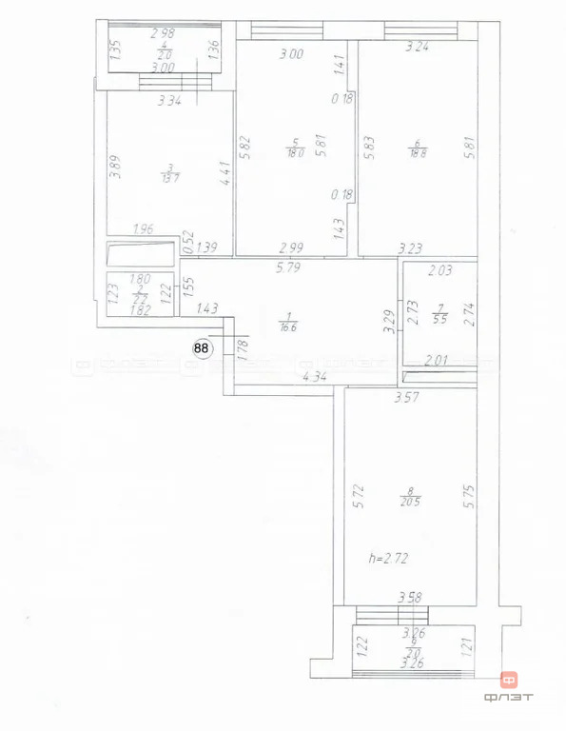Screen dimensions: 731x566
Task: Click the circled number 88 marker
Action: click(x=202, y=348)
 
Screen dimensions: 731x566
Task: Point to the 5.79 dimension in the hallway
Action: click(x=288, y=269)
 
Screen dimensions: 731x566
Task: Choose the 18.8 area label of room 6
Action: click(x=416, y=151)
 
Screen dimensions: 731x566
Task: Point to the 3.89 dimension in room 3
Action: click(x=114, y=168)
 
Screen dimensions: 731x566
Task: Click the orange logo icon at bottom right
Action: click(x=509, y=682)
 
